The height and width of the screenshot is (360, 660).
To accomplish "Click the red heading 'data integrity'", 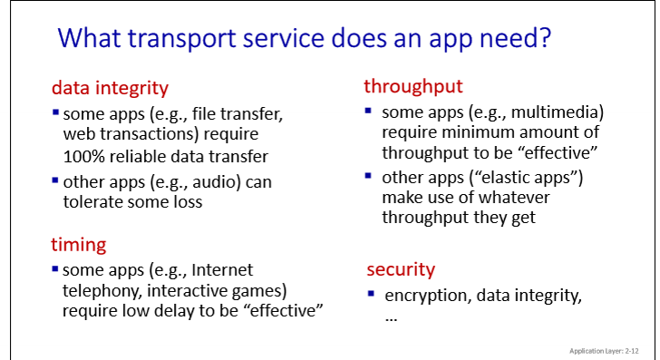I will click(x=110, y=88).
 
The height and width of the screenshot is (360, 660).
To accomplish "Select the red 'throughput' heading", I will click(x=413, y=86).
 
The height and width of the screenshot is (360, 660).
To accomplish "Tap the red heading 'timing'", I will click(x=79, y=244).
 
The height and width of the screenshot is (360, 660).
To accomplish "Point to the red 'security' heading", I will click(x=401, y=269).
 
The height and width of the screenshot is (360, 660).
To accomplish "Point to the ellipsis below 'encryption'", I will click(x=392, y=319).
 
